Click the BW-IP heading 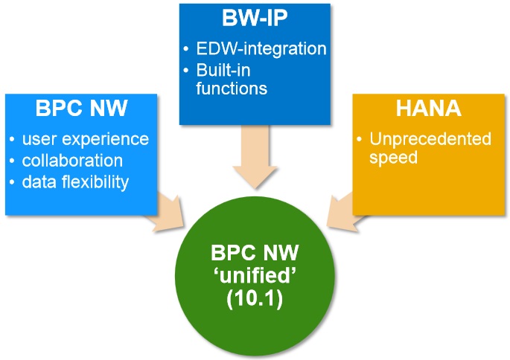click(255, 18)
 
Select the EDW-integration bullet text click(261, 49)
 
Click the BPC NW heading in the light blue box click(83, 109)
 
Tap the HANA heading click(427, 109)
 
